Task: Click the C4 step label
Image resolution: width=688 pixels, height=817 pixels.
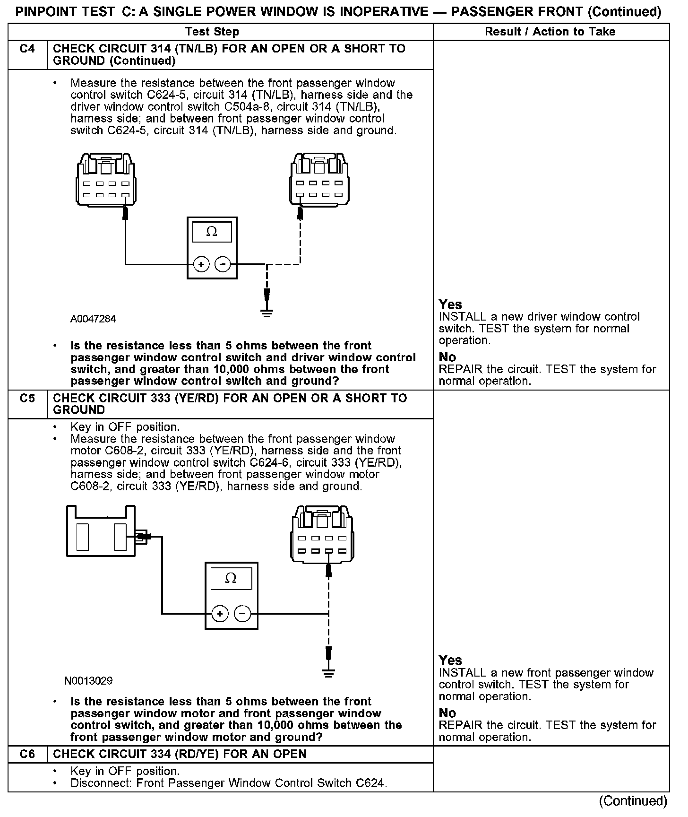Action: point(27,49)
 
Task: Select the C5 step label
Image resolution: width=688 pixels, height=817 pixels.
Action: point(27,398)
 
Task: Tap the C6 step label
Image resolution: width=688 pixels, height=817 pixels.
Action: point(27,754)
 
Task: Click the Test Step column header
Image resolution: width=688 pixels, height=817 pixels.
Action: point(212,32)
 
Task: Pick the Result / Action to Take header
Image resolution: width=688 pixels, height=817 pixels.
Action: point(550,32)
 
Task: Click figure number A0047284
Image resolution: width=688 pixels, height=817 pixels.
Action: point(93,319)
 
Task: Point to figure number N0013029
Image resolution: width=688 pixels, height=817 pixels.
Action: point(89,681)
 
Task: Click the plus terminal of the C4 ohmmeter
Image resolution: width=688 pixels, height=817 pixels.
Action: point(201,264)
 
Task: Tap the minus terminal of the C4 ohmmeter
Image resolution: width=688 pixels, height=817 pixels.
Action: point(223,264)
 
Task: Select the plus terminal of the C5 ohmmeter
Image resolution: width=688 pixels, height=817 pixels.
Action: point(219,614)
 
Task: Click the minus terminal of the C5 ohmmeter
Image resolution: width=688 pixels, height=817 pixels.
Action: point(242,614)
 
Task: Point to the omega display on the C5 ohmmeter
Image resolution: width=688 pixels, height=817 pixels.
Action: point(231,579)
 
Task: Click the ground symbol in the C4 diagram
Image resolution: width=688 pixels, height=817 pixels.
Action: point(267,313)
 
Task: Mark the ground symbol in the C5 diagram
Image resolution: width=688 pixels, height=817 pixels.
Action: point(328,673)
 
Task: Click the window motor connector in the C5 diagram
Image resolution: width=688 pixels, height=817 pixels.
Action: point(101,530)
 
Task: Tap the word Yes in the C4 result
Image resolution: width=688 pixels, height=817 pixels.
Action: point(450,304)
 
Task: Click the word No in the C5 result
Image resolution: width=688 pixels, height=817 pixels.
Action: point(447,713)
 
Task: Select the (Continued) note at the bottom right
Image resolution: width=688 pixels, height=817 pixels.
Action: point(633,801)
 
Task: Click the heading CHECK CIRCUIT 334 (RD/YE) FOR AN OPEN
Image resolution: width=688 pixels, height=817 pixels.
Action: point(180,754)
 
